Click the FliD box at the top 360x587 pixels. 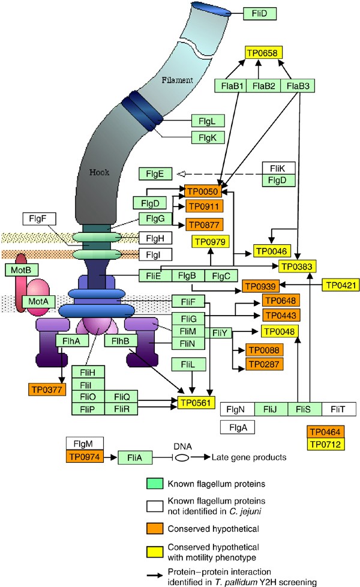click(259, 12)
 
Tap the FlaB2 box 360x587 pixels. click(265, 86)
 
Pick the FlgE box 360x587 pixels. click(155, 174)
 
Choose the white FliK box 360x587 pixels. click(278, 168)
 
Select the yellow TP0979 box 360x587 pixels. click(209, 241)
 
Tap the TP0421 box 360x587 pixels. click(340, 284)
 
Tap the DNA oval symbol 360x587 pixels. click(181, 457)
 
